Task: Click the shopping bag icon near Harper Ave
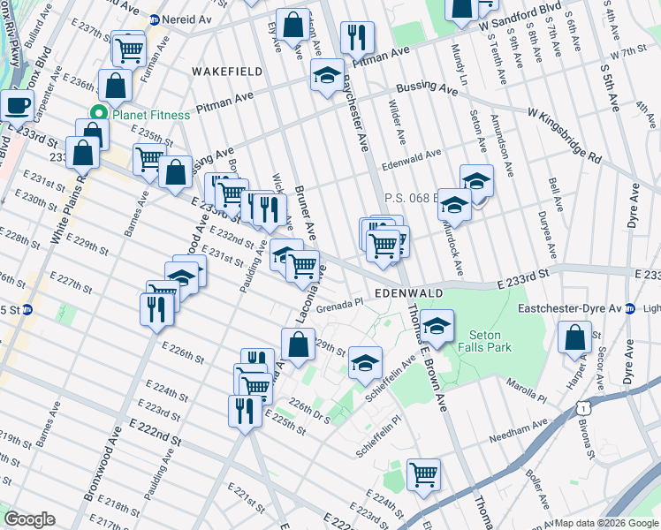coord(575,338)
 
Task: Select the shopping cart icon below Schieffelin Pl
coord(423,475)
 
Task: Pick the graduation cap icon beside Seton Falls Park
coord(437,327)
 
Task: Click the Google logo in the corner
coord(30,519)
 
